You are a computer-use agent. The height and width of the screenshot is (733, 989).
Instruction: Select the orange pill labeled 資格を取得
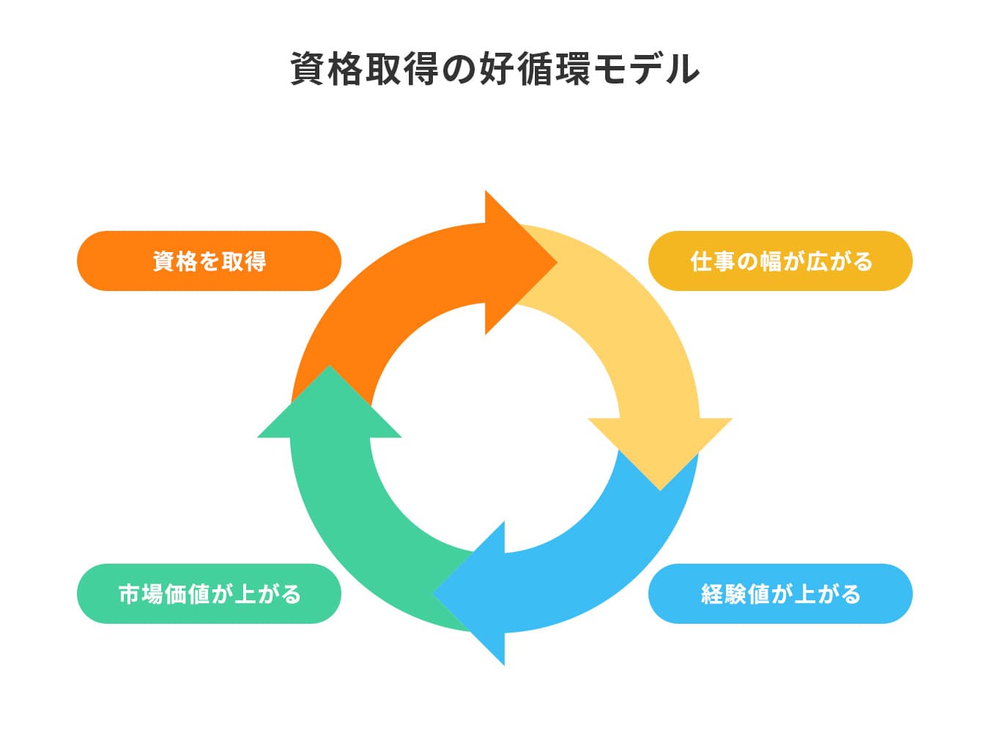209,261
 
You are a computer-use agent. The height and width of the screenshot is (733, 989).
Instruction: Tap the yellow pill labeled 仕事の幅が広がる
780,261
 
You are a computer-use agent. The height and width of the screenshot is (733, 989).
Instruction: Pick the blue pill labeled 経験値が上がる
780,594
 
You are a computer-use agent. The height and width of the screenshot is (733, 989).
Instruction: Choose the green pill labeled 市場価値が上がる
209,594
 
